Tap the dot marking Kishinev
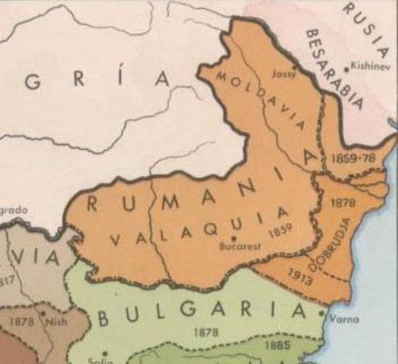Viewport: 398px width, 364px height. pos(346,68)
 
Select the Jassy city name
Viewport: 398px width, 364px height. pos(284,74)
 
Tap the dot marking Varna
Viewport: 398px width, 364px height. pos(323,312)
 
